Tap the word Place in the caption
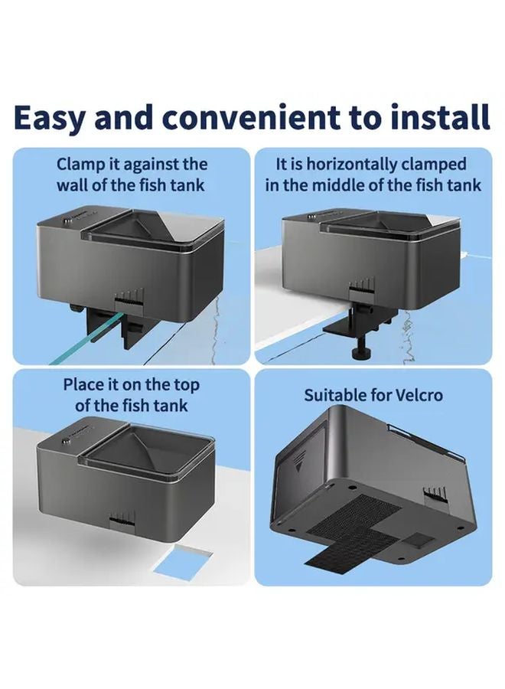[86, 384]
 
